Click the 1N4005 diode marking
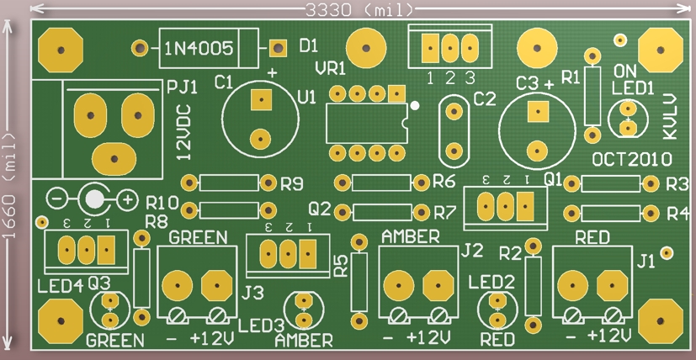click(x=199, y=49)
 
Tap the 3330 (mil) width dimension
click(x=359, y=10)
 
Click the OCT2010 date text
click(x=632, y=159)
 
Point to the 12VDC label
click(x=184, y=132)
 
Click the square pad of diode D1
click(x=278, y=48)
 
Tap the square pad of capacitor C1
click(x=261, y=100)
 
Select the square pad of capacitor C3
click(x=538, y=111)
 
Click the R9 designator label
click(x=292, y=183)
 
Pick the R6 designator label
click(x=444, y=181)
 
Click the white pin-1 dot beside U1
click(x=415, y=106)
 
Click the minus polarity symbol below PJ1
click(x=56, y=199)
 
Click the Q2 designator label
click(x=321, y=209)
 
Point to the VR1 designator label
click(x=330, y=69)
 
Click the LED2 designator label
click(x=491, y=281)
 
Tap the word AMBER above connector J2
click(x=411, y=237)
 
